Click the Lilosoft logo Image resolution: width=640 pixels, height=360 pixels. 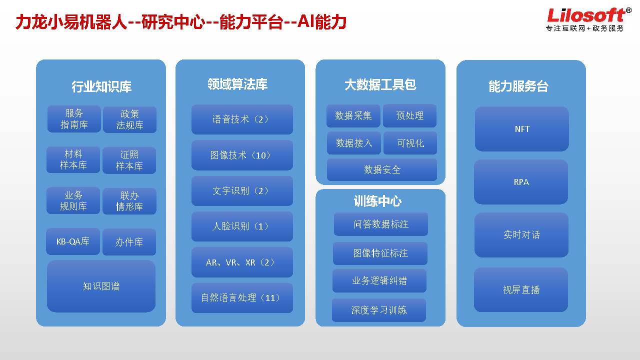588,19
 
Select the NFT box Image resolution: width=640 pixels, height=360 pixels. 521,129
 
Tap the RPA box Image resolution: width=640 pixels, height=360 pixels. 521,181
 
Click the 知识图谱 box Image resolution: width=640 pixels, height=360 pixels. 101,286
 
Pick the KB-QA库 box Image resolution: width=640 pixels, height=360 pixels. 73,241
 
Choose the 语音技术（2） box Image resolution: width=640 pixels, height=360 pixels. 242,119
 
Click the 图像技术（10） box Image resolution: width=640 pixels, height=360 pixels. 242,155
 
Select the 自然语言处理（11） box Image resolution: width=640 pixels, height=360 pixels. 242,298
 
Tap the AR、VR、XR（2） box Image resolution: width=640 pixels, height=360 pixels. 242,262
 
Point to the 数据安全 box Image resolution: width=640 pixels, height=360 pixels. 381,169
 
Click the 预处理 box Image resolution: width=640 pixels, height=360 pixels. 409,115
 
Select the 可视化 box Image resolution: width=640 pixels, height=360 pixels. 410,143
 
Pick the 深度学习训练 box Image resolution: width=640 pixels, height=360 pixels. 379,310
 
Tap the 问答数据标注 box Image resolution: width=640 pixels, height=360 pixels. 381,224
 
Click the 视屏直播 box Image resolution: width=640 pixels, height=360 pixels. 521,289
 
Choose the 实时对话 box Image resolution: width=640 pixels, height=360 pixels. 521,235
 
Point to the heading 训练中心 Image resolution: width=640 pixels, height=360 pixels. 377,201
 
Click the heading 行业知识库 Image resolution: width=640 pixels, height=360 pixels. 101,86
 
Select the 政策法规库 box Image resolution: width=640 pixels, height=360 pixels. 129,119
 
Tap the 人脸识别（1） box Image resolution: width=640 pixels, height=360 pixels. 242,226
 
